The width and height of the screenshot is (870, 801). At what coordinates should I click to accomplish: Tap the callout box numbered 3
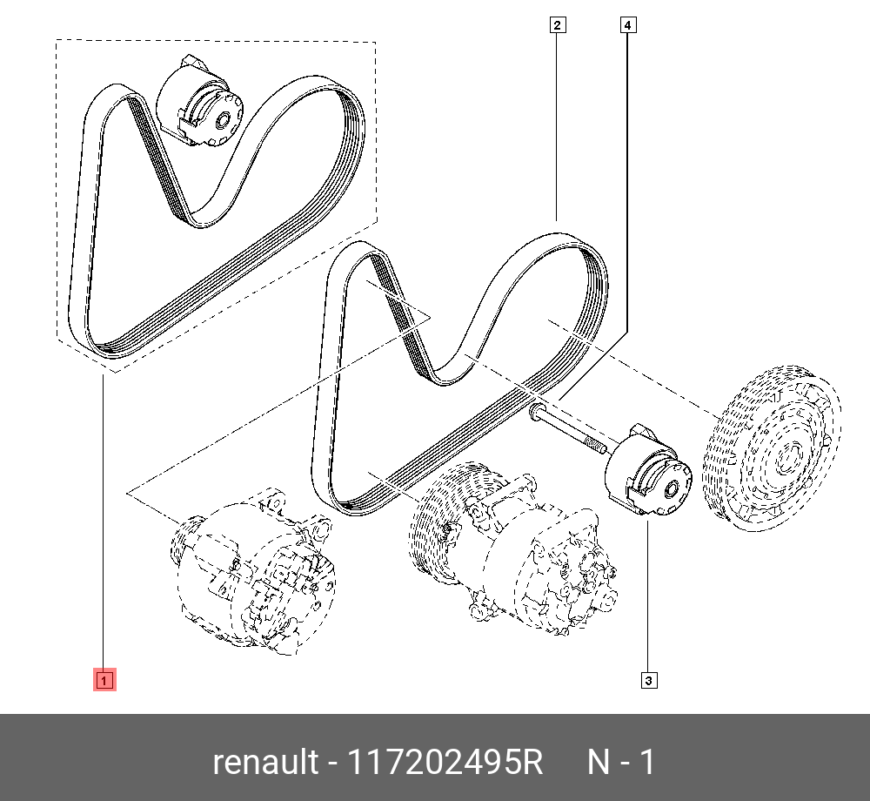(648, 680)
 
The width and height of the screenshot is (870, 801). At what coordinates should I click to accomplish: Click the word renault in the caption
(265, 763)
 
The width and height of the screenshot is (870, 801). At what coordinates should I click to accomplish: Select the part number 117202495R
(445, 763)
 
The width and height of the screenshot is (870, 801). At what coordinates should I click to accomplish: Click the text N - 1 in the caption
(621, 763)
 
